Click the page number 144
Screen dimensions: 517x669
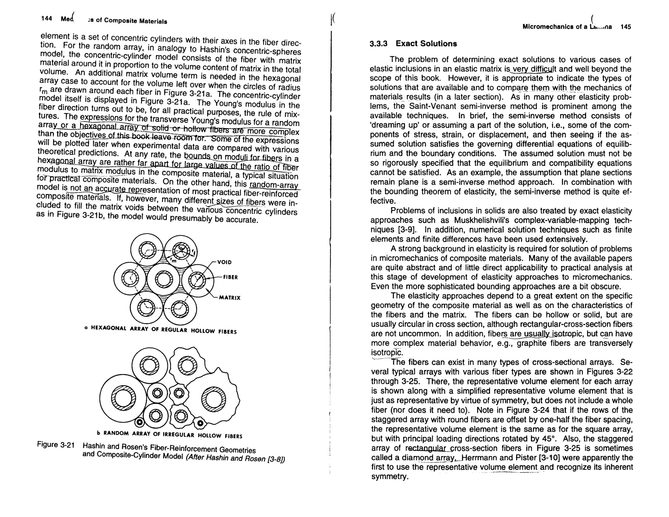(x=47, y=18)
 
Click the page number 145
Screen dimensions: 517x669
(x=626, y=27)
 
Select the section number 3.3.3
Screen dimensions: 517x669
(x=378, y=44)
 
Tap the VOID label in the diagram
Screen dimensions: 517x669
(x=224, y=262)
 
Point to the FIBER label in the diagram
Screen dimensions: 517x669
(x=230, y=277)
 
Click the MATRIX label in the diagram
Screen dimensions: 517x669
(x=230, y=298)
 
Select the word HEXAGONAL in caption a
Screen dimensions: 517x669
(x=109, y=328)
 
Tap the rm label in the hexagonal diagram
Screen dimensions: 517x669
(x=173, y=260)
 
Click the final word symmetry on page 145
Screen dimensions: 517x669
(x=389, y=476)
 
